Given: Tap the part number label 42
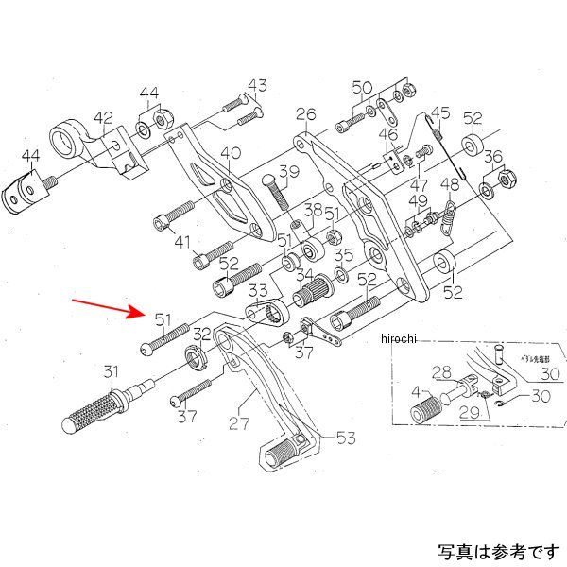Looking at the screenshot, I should pos(103,119).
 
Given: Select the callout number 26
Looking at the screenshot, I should pos(304,116).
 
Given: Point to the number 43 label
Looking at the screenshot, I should pos(258,86).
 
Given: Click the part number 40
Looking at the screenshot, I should pos(231,153).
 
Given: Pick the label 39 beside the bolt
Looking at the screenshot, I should pos(287,172).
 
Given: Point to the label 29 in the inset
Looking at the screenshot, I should pos(469,413).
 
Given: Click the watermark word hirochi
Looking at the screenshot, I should pos(404,339).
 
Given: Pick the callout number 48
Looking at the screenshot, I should pos(451,184).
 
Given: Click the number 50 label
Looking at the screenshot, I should pos(363,88).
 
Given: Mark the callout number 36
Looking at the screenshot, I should pos(492,157).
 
